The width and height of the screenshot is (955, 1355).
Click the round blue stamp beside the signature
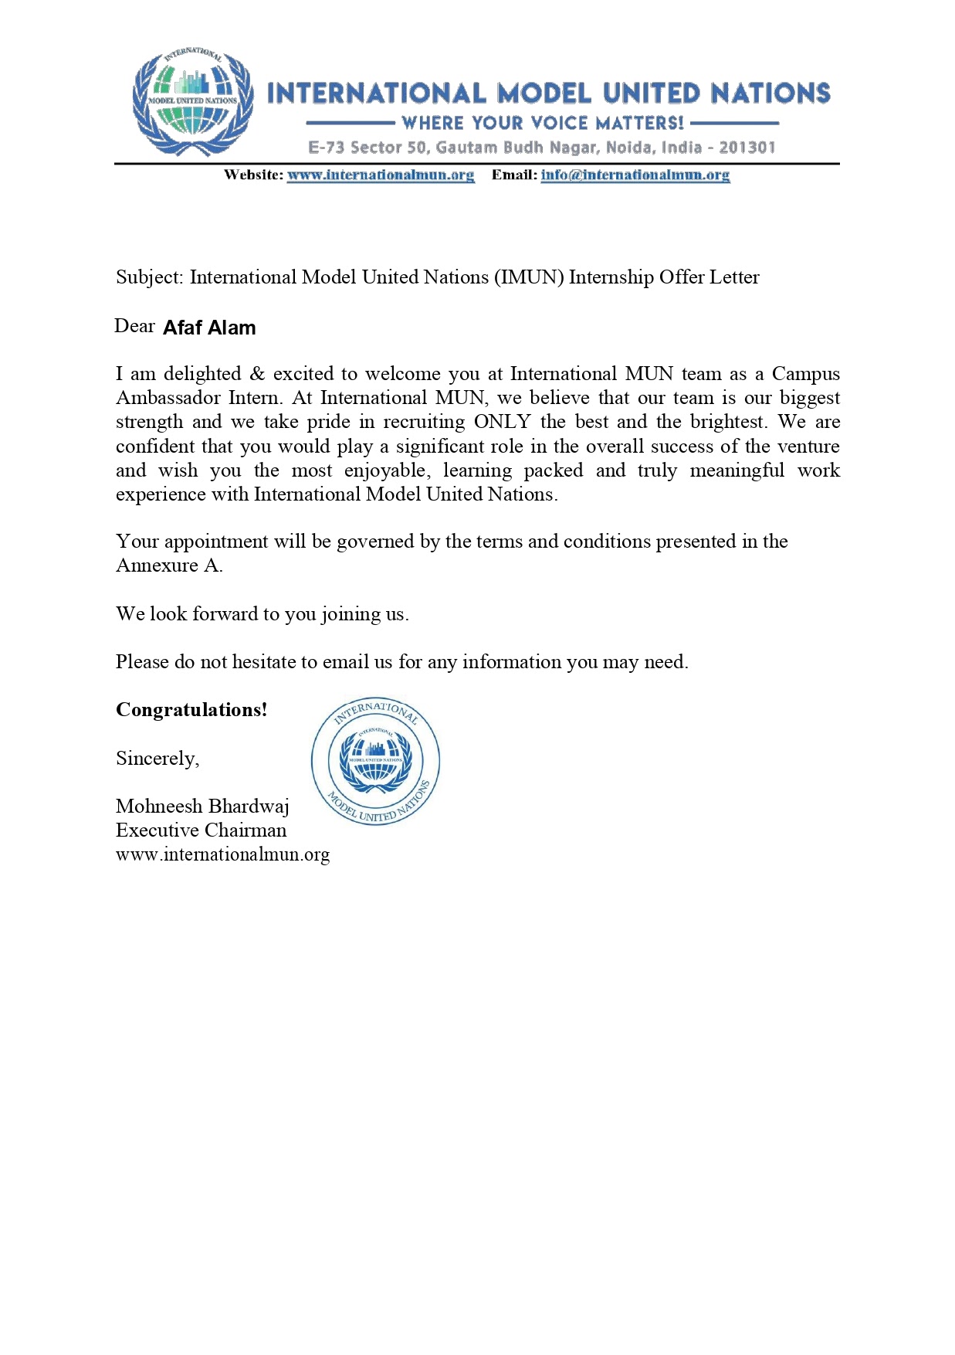[x=375, y=762]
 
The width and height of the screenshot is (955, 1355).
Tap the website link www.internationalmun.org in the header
[x=381, y=175]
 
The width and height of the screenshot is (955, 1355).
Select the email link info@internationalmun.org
[x=635, y=175]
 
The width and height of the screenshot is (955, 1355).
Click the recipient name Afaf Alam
[x=209, y=328]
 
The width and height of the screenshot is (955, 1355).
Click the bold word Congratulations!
[x=191, y=710]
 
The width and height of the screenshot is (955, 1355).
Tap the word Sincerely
[x=157, y=759]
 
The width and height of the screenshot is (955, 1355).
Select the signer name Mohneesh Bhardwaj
[x=202, y=807]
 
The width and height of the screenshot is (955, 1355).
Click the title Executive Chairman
[x=201, y=830]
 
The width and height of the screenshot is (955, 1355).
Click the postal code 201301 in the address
[x=747, y=148]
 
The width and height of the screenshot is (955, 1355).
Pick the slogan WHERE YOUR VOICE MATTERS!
[x=543, y=123]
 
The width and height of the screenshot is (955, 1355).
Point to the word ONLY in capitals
[x=502, y=422]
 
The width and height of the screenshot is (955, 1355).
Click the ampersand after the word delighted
[x=257, y=374]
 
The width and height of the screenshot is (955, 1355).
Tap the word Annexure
[x=157, y=565]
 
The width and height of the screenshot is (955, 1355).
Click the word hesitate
[x=264, y=662]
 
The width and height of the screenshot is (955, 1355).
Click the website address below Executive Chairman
[x=222, y=854]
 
